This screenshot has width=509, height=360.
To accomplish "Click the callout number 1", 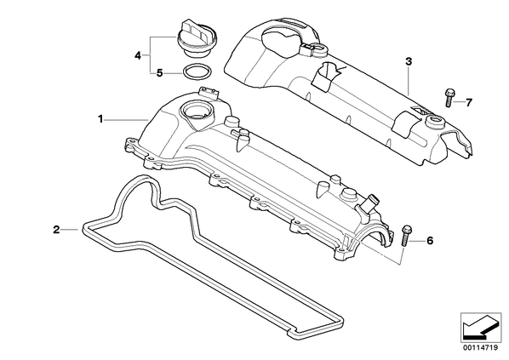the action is coord(100,119).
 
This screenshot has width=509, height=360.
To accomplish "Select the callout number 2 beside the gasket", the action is coord(56,230).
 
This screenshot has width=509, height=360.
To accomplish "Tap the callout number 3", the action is coord(409,61).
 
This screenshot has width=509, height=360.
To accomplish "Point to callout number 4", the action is coord(138,56).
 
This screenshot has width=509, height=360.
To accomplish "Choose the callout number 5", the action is coord(159,73).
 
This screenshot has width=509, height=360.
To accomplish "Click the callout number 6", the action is coord(430,241).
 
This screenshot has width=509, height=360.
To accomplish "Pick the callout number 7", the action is coord(468,103).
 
